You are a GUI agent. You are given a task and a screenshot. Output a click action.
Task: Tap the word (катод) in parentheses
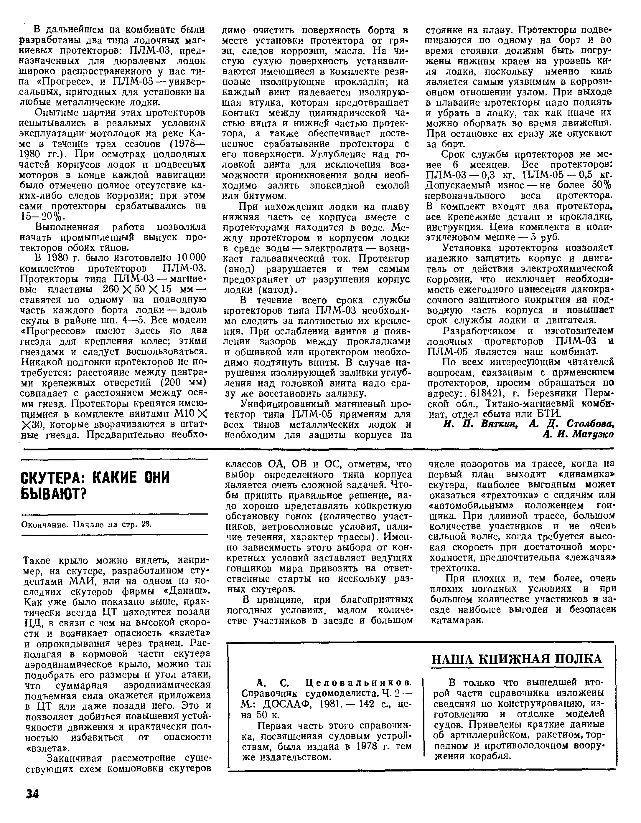tap(277, 290)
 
